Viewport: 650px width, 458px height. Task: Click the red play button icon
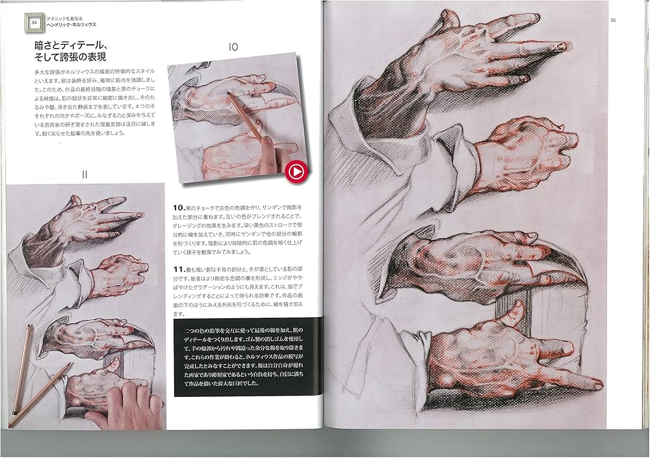pyautogui.click(x=295, y=172)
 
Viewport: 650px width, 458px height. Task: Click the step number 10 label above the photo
pyautogui.click(x=234, y=47)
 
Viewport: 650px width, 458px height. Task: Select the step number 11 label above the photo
pyautogui.click(x=84, y=173)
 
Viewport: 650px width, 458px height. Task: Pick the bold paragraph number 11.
pyautogui.click(x=179, y=268)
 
